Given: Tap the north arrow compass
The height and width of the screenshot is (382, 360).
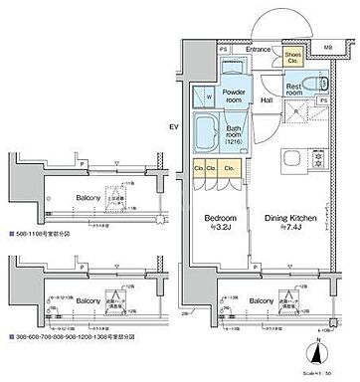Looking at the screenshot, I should tap(316, 350).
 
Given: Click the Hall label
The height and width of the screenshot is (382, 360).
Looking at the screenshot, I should tap(268, 98).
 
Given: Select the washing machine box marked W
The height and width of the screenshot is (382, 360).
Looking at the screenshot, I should tap(208, 96).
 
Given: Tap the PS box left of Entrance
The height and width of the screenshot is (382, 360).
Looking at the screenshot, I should tap(223, 48).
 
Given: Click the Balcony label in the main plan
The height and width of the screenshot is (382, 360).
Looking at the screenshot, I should tap(263, 299).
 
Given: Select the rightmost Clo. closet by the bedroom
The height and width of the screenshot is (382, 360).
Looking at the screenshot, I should tap(232, 168).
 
